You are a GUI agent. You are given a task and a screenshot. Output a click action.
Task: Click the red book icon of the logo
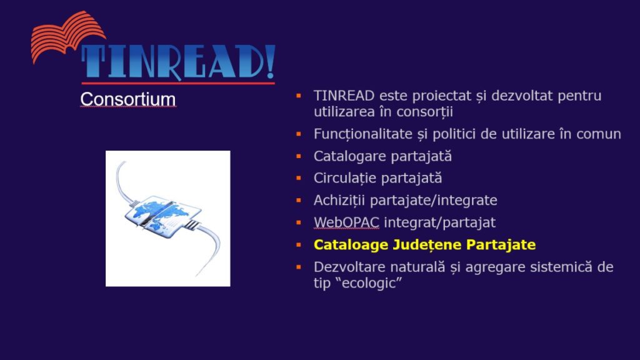(x=67, y=36)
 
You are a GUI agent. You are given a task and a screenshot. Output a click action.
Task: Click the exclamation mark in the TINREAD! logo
(x=270, y=61)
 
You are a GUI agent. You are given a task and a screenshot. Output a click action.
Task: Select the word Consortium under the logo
(x=127, y=99)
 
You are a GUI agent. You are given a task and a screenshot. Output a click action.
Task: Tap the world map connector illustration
(x=167, y=218)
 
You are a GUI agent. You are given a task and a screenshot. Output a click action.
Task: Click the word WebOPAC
(x=346, y=222)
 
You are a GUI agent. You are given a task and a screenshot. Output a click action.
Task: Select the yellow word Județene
(x=427, y=245)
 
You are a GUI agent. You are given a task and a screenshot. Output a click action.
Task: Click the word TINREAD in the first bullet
(x=344, y=96)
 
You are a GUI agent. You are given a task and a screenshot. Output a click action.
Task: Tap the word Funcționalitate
(x=363, y=134)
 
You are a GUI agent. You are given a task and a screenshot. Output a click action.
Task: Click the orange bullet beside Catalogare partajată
(x=299, y=156)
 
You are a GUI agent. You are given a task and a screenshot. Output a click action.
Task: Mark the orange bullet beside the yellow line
(x=299, y=245)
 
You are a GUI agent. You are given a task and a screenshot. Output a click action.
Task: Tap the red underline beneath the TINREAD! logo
(x=178, y=83)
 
